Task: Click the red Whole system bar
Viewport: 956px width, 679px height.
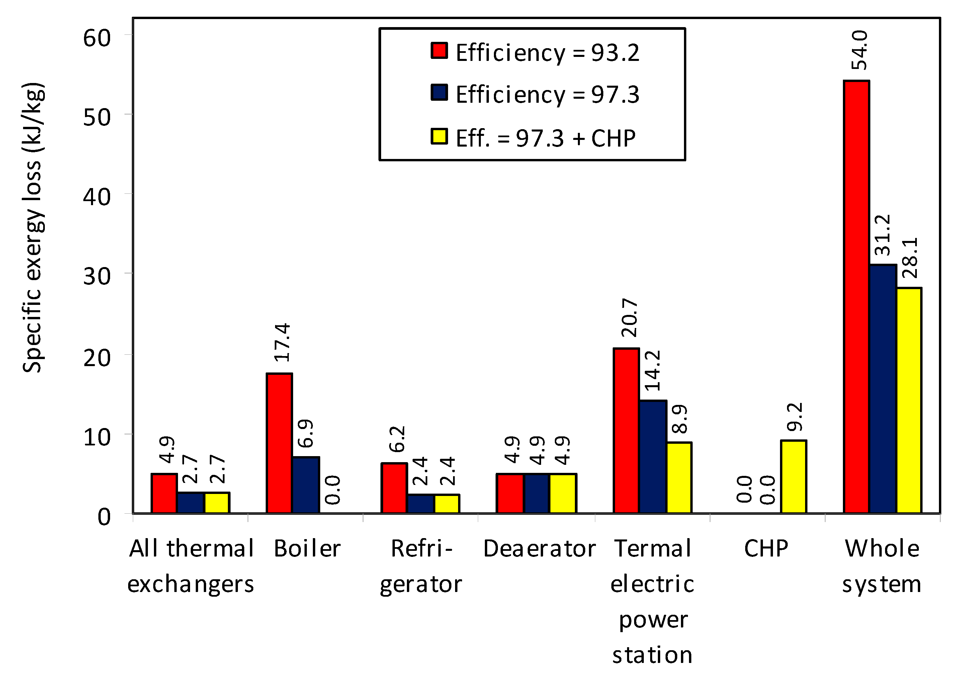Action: click(x=857, y=297)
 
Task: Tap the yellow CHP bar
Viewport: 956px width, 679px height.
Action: click(x=793, y=477)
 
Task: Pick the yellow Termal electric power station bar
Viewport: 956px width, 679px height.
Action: click(x=679, y=478)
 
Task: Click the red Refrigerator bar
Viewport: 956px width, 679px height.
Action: click(x=394, y=488)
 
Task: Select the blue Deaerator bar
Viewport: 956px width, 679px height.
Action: click(x=536, y=493)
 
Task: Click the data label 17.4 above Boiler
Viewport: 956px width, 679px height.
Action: click(x=282, y=342)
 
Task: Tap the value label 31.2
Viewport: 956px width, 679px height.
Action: click(x=883, y=235)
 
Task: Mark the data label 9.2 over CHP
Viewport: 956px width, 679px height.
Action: click(x=795, y=417)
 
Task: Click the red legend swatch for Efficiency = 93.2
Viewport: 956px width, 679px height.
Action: click(x=439, y=51)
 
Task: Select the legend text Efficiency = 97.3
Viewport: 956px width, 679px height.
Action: click(x=547, y=94)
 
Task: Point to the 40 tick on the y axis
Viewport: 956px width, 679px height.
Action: click(x=97, y=196)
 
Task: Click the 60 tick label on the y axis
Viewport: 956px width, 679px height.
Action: click(x=97, y=38)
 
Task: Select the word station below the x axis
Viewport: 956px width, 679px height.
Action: click(x=652, y=655)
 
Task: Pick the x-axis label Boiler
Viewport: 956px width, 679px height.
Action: click(x=307, y=548)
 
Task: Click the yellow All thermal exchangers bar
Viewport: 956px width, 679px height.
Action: click(x=216, y=503)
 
